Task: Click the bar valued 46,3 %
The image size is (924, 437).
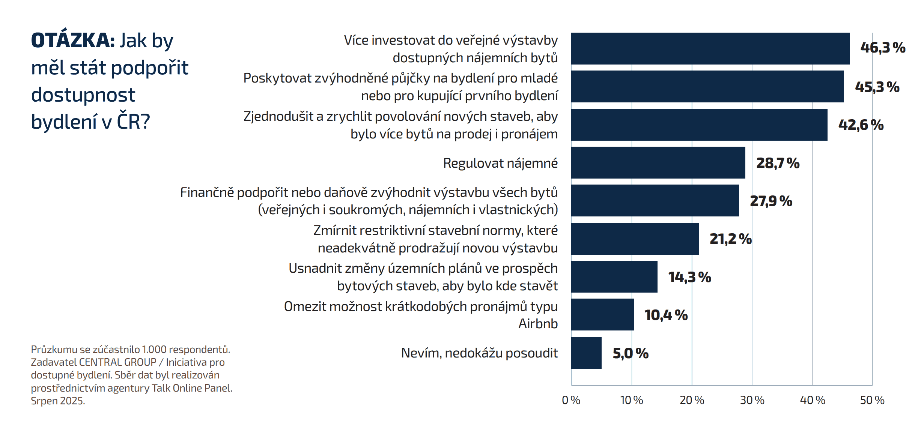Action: click(x=710, y=48)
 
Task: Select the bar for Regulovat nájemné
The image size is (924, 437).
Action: click(x=658, y=162)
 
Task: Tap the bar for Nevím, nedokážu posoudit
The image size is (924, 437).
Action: click(x=586, y=353)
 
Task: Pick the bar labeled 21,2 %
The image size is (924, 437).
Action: click(x=635, y=239)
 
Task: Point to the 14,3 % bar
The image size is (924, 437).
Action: click(x=614, y=276)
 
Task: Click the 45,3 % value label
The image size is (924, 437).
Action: click(x=877, y=87)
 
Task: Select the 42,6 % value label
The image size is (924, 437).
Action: click(x=861, y=125)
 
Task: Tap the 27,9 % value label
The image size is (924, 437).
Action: click(x=771, y=201)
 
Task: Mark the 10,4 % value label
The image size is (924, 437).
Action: click(x=666, y=315)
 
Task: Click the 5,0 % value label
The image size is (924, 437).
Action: click(x=631, y=353)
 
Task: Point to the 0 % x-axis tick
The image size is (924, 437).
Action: click(x=571, y=400)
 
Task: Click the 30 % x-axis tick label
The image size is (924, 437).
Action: click(x=752, y=400)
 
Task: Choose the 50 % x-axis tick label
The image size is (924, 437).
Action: click(x=872, y=400)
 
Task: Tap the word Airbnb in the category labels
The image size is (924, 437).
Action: click(x=538, y=323)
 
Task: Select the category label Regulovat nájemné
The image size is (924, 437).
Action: click(x=500, y=163)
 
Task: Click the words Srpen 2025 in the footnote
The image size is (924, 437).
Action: click(x=58, y=401)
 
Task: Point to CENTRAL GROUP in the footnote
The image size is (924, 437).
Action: click(x=117, y=362)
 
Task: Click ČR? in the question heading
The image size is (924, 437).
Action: click(x=133, y=122)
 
